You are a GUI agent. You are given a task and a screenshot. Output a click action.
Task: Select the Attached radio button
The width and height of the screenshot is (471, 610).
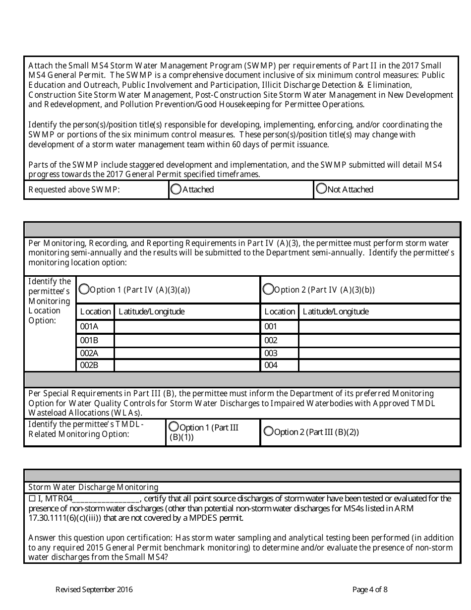(x=176, y=189)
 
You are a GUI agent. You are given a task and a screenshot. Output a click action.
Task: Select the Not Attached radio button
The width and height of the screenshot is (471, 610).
(x=321, y=188)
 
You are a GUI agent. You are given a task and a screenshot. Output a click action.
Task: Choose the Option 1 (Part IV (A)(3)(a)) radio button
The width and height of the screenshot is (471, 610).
(x=84, y=289)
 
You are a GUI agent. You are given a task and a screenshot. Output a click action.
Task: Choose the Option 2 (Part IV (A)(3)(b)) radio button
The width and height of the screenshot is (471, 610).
(x=268, y=289)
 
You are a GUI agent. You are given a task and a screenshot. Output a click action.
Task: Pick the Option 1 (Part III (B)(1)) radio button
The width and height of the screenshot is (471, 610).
(x=174, y=427)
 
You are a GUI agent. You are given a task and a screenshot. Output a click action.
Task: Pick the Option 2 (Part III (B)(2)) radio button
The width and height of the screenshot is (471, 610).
(x=268, y=431)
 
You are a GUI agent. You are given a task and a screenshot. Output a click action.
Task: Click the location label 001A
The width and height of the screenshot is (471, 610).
(x=89, y=326)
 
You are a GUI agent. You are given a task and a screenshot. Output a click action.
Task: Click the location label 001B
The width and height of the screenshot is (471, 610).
(x=89, y=340)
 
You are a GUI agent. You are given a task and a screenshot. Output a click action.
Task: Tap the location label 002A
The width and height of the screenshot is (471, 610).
(x=89, y=353)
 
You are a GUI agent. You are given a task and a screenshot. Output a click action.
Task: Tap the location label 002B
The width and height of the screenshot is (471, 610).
(x=89, y=366)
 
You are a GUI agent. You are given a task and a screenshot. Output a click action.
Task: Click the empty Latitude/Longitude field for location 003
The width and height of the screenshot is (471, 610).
(x=379, y=353)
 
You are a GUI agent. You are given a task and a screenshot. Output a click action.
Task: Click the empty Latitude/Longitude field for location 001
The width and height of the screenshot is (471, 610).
(x=379, y=326)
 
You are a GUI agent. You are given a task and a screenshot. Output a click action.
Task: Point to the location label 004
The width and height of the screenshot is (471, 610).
(x=271, y=366)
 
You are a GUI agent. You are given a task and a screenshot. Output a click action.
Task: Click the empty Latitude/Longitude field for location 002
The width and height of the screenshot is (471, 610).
(x=379, y=340)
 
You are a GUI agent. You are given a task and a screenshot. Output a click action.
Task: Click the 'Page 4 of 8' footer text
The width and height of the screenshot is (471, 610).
(x=370, y=590)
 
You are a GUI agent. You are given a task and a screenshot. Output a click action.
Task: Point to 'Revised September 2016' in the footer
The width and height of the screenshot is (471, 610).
(x=94, y=590)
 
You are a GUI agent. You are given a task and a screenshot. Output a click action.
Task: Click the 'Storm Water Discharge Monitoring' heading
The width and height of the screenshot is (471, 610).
(x=93, y=488)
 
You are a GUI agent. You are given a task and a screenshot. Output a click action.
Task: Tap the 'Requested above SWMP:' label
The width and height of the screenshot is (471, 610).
(x=74, y=189)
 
